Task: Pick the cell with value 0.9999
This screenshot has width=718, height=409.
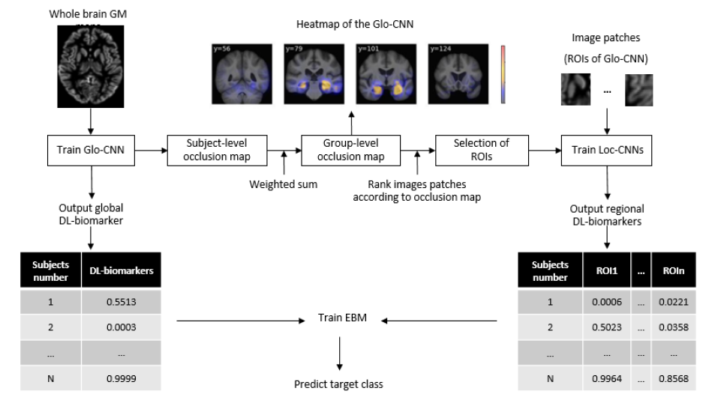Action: [122, 379]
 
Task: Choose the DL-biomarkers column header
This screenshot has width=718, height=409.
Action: [122, 270]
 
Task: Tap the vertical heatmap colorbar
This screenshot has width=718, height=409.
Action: [503, 74]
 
